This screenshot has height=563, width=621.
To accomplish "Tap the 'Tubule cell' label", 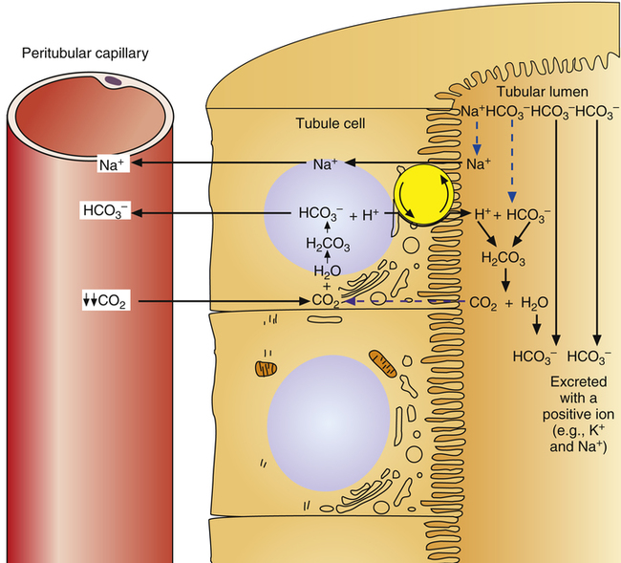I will point(324,122).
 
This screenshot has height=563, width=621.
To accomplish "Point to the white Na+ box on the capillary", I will point(109,164).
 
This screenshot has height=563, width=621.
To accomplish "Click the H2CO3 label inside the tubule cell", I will point(327,245).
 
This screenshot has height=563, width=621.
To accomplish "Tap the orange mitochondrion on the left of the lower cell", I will point(265,368).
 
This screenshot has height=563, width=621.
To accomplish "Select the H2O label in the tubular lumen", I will point(537,303).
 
